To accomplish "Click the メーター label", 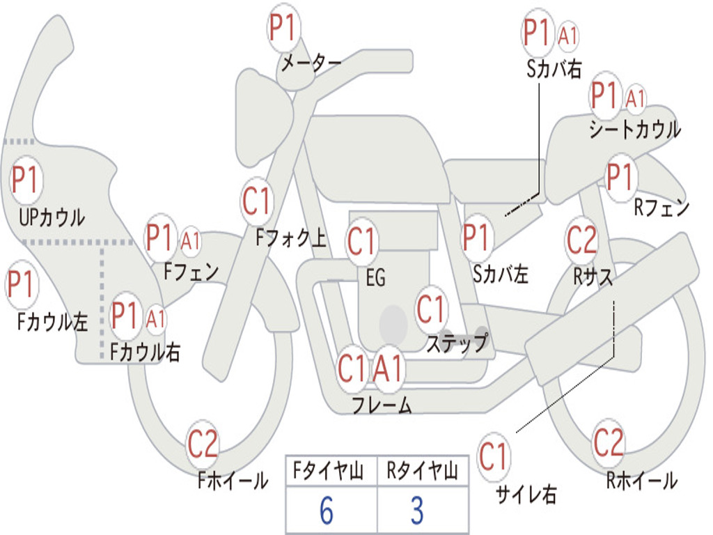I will point(311,63).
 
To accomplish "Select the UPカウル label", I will point(52,217).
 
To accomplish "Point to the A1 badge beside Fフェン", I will point(190,241).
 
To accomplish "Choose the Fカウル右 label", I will point(146,352).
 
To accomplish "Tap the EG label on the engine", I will point(375,278).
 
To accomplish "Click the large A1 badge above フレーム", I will point(389,369).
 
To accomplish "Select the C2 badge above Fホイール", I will point(203,444).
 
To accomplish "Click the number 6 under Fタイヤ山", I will point(326,511).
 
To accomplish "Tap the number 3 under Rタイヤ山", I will point(417,511).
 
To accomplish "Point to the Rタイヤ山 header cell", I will point(422,473).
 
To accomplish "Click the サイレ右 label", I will point(526,495).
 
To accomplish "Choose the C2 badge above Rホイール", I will point(609,442).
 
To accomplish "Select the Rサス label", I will point(593,277).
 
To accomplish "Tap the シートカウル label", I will point(634,130).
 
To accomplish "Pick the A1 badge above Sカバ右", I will point(567,36).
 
